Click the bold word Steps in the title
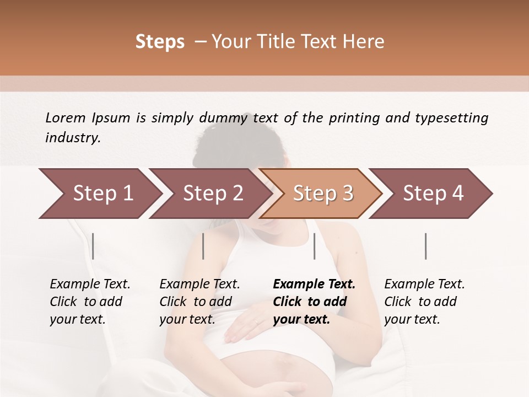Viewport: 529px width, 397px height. [x=160, y=42]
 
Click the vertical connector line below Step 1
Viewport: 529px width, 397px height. [x=93, y=246]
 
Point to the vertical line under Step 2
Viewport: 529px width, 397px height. [x=203, y=246]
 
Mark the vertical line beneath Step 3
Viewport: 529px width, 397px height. [x=315, y=246]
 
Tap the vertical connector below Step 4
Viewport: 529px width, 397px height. [x=425, y=246]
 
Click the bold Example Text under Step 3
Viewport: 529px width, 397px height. [x=314, y=301]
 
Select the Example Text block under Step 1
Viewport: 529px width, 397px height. [x=90, y=301]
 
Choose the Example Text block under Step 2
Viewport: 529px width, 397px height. [x=199, y=301]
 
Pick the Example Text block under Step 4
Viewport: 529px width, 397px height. [x=424, y=301]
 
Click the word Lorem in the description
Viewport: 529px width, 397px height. [x=66, y=117]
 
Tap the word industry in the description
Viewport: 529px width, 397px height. [x=72, y=137]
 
